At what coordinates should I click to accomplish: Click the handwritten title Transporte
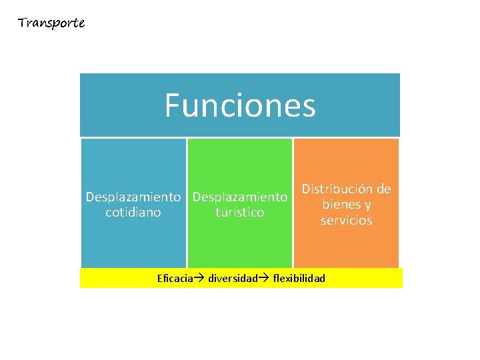click(51, 23)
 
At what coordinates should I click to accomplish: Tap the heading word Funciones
click(240, 105)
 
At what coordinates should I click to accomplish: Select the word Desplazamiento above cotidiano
click(133, 197)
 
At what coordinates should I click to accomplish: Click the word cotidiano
click(133, 213)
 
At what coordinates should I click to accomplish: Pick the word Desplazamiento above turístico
click(240, 197)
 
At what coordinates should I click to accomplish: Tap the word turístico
click(240, 213)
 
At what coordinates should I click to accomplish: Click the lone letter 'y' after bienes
click(368, 205)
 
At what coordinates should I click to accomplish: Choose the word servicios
click(347, 220)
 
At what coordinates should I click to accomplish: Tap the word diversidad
click(233, 278)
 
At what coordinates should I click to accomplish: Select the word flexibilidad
click(299, 278)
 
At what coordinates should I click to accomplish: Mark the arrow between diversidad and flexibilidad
click(265, 278)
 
